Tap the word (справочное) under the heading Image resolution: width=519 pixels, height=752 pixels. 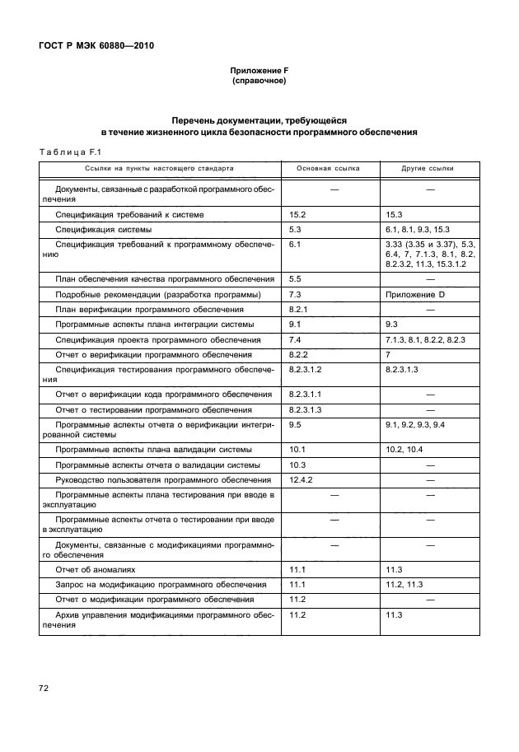tap(259, 82)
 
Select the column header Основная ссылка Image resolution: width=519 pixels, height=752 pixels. tap(327, 167)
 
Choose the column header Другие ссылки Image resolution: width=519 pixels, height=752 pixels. tap(427, 167)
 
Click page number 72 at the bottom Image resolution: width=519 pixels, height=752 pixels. tap(42, 686)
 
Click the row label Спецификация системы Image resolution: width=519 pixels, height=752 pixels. tap(103, 229)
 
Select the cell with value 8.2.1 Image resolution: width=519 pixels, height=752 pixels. tap(299, 310)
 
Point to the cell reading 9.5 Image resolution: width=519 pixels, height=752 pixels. tap(297, 425)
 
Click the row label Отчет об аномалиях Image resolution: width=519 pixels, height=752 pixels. tap(95, 569)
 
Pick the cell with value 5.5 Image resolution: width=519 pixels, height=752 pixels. tap(297, 280)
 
